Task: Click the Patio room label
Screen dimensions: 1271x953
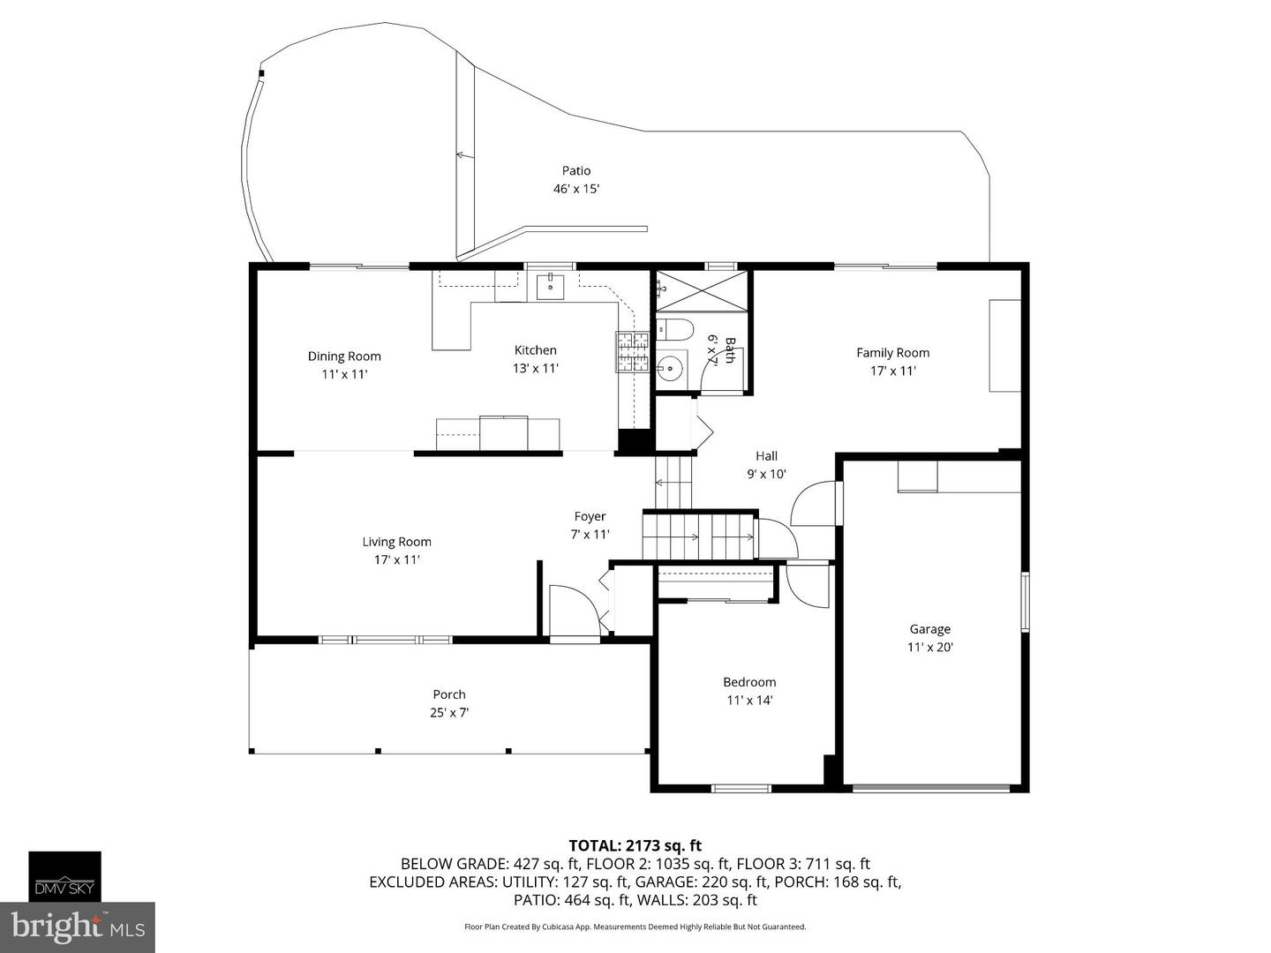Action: click(x=576, y=170)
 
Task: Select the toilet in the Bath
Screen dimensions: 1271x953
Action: click(x=674, y=330)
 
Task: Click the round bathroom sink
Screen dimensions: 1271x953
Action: click(x=671, y=367)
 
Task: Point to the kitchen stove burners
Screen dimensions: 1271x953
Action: click(x=632, y=352)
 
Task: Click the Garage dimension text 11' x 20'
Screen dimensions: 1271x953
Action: click(x=930, y=647)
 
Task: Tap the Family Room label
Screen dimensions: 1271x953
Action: click(x=893, y=352)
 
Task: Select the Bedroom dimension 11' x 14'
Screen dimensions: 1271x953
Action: click(x=750, y=700)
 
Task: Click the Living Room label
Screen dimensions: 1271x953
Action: click(x=396, y=542)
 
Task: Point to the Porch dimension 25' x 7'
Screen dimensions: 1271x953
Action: click(x=449, y=712)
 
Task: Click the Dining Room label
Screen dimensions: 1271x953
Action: click(x=344, y=356)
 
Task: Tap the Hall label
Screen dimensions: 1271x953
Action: click(x=767, y=456)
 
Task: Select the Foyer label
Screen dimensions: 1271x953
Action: click(x=590, y=516)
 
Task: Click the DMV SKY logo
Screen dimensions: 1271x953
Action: click(x=64, y=876)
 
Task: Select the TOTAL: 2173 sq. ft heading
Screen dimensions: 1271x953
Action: click(x=635, y=845)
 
